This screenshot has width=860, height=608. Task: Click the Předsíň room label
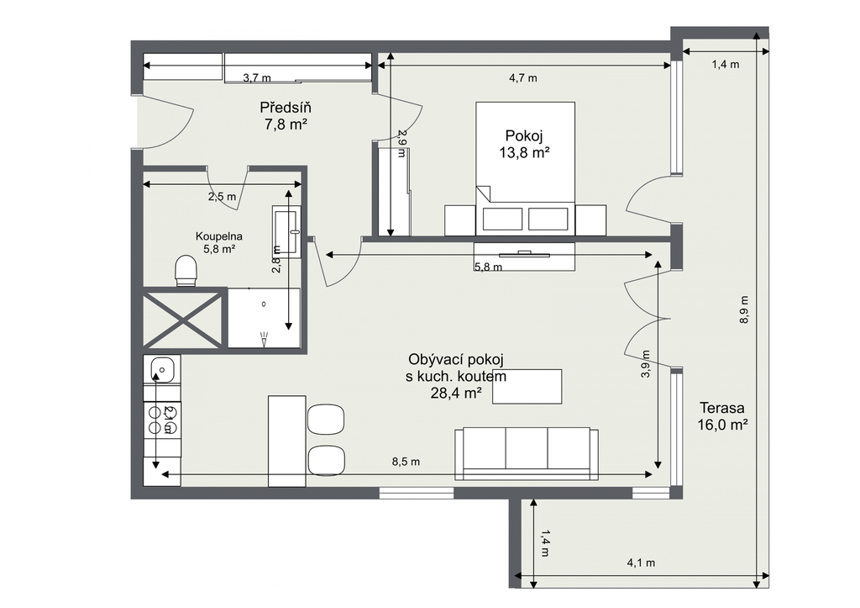[286, 107]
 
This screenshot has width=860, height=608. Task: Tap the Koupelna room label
[219, 236]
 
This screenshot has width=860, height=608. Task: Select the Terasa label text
[721, 408]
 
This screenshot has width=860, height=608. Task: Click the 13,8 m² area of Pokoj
[524, 153]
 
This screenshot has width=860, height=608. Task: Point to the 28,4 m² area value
[456, 393]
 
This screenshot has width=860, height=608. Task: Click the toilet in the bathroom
[186, 271]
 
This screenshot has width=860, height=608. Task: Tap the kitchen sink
[162, 368]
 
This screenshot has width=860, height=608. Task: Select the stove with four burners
[162, 420]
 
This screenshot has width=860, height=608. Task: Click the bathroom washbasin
[286, 232]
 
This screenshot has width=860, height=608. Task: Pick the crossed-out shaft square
[184, 319]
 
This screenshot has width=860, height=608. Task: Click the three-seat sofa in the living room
[527, 453]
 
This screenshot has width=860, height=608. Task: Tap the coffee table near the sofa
[527, 387]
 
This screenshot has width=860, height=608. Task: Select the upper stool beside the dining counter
[326, 419]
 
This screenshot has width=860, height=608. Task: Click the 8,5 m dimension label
[406, 462]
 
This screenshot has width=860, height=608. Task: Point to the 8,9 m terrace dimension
[744, 309]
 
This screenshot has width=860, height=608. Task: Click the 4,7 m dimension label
[522, 78]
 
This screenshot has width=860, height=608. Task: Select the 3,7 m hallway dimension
[257, 78]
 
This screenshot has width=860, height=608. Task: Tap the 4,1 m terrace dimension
[641, 563]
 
